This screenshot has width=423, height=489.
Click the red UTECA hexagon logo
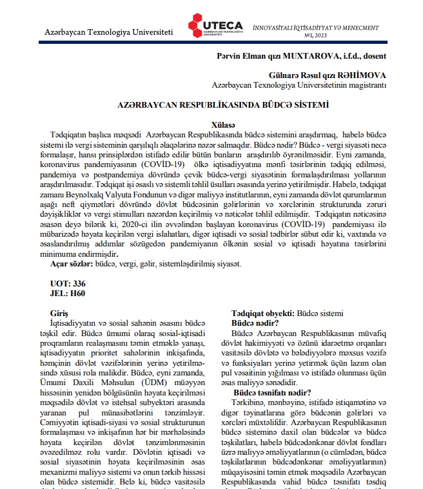click(197, 26)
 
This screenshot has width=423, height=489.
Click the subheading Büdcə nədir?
click(255, 322)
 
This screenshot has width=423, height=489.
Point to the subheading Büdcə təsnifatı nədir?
click(272, 392)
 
